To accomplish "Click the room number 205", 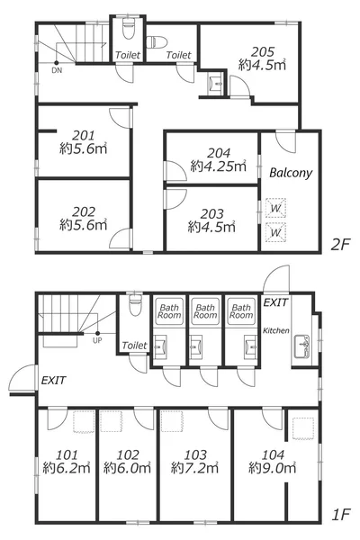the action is point(263,52).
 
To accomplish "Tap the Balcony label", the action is point(291,173).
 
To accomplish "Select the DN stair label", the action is point(57,70).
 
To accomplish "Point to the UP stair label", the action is point(97,340).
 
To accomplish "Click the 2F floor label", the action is point(340,245).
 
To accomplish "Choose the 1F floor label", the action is point(341,515).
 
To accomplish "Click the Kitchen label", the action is point(276,330).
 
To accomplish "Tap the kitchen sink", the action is point(301,346).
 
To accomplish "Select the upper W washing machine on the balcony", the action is point(275,208).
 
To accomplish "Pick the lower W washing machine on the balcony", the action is point(275,232).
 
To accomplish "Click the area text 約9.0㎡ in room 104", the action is point(272,468).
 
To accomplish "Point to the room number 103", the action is point(195,454).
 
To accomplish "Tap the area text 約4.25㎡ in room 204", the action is point(219,166).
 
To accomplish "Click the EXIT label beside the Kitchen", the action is point(275,302).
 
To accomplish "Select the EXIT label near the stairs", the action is point(53,380).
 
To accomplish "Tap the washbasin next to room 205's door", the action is point(216,83).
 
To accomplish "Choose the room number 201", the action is point(83,135).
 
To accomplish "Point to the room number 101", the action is point(67,454).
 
